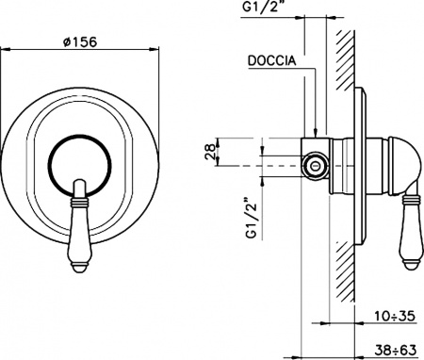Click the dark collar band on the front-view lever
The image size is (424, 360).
(78, 201)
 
